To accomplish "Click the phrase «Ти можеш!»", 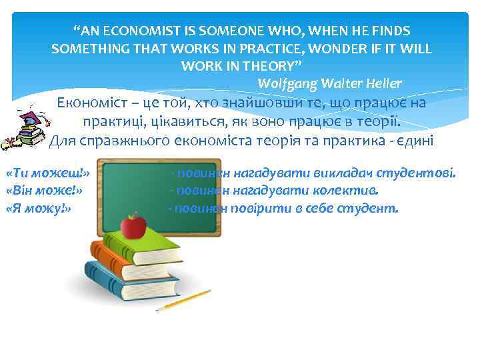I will (x=47, y=174).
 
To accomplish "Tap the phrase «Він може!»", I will (x=43, y=191).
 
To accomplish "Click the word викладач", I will (x=342, y=174).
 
